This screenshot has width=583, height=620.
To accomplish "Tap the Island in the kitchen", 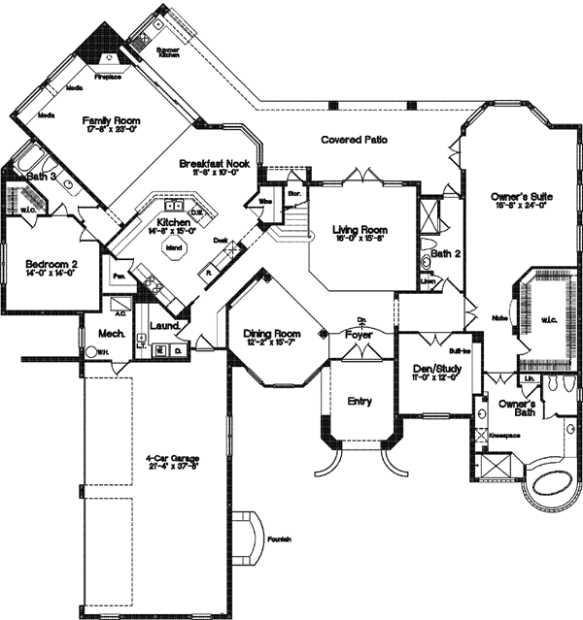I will pyautogui.click(x=176, y=246).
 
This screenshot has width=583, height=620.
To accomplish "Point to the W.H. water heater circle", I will pyautogui.click(x=91, y=353).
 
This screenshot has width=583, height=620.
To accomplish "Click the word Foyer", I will pyautogui.click(x=359, y=336).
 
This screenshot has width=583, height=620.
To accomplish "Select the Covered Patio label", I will pyautogui.click(x=355, y=140).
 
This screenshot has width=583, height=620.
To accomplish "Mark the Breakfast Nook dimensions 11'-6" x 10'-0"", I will pyautogui.click(x=215, y=175).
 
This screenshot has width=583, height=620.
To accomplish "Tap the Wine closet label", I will pyautogui.click(x=264, y=201).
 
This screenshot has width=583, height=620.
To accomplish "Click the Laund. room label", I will pyautogui.click(x=166, y=326).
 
